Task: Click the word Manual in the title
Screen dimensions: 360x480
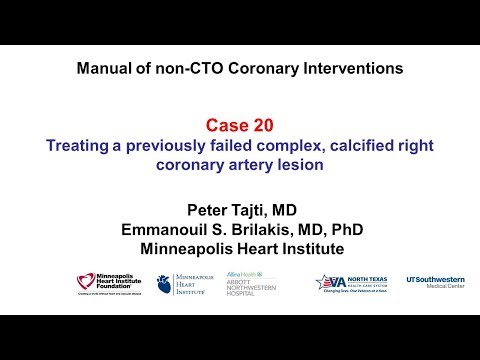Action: [104, 70]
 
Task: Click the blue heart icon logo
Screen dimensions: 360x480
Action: [166, 283]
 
